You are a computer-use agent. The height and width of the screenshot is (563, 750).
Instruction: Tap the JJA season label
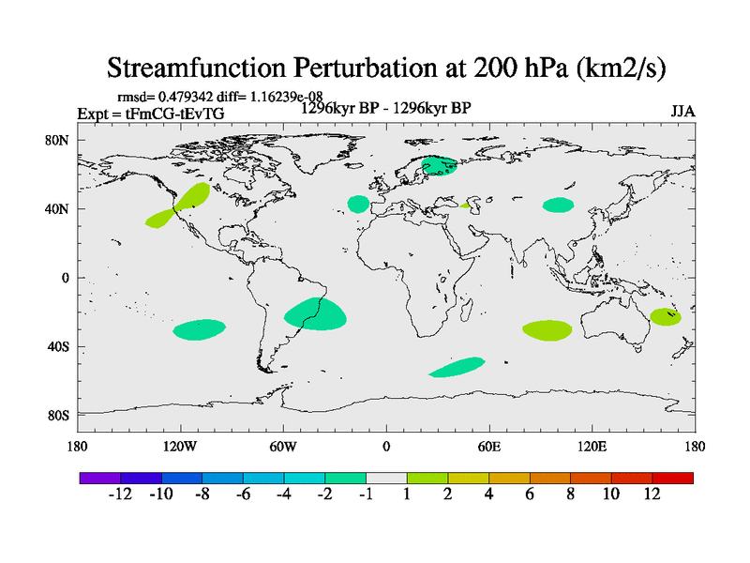point(682,111)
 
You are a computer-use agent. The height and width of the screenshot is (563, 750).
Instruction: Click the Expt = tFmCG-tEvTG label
point(150,114)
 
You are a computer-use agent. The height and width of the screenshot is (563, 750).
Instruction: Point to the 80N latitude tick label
point(58,140)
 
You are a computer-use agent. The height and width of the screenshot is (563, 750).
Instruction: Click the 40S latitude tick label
point(58,346)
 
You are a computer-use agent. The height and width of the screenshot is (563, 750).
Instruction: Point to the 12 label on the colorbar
point(652,495)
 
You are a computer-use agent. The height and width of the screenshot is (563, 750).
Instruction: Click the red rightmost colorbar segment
point(673,478)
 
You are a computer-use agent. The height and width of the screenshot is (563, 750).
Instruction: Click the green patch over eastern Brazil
point(316,313)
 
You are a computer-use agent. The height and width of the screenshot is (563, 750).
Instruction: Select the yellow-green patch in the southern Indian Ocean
point(547,329)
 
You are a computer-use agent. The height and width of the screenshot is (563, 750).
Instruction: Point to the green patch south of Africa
point(457,367)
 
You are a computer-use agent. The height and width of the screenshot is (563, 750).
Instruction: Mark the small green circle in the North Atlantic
point(358,204)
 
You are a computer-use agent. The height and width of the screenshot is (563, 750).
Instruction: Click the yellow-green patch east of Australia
point(665,316)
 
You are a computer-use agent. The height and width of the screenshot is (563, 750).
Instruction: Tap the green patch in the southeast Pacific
point(199,329)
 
